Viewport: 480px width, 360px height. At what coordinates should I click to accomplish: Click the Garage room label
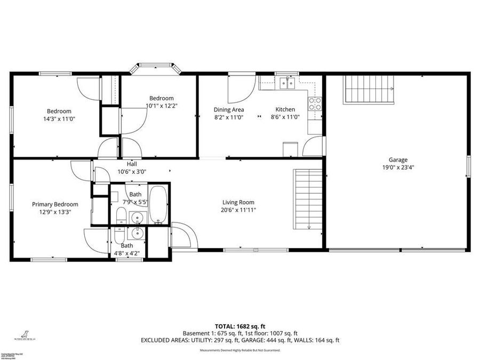coord(398,159)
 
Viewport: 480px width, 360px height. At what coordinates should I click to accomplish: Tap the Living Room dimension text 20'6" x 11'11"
coord(238,210)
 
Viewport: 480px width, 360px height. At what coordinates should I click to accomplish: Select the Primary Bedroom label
coord(55,204)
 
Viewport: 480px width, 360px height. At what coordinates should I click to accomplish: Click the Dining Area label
coord(229,109)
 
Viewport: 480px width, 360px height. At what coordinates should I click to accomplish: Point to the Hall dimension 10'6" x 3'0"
coord(132,172)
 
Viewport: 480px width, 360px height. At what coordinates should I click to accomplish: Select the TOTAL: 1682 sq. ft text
coord(240,326)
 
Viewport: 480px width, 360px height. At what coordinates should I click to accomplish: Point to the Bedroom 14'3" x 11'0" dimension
coord(59,119)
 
